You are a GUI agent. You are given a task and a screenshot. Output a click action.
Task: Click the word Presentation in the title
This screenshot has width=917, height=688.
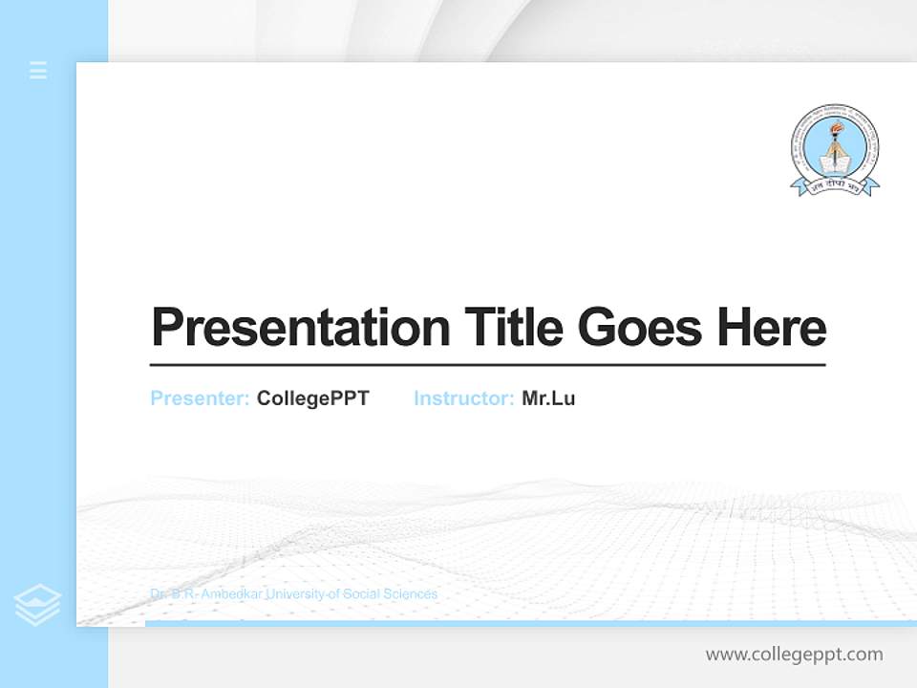tap(300, 328)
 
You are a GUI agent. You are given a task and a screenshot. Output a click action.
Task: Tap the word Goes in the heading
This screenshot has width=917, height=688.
tap(642, 328)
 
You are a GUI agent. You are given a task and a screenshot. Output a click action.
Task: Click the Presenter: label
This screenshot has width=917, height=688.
tap(200, 398)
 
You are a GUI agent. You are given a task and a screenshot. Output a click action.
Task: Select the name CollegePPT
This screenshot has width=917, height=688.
tap(312, 398)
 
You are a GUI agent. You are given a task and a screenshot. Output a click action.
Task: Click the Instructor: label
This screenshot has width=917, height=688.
tap(463, 398)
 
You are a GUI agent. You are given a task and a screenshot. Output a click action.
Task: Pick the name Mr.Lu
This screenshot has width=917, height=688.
tap(548, 398)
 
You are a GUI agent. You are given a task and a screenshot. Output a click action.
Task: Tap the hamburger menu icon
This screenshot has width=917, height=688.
tap(38, 70)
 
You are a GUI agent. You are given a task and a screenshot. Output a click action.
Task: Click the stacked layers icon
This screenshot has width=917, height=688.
tap(37, 605)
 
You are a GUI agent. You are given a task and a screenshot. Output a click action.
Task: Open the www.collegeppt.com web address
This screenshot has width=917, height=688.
tap(794, 655)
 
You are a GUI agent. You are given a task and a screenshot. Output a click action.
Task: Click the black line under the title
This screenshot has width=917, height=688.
tap(487, 365)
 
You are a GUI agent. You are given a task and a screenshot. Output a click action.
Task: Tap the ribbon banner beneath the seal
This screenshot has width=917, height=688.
tap(835, 186)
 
